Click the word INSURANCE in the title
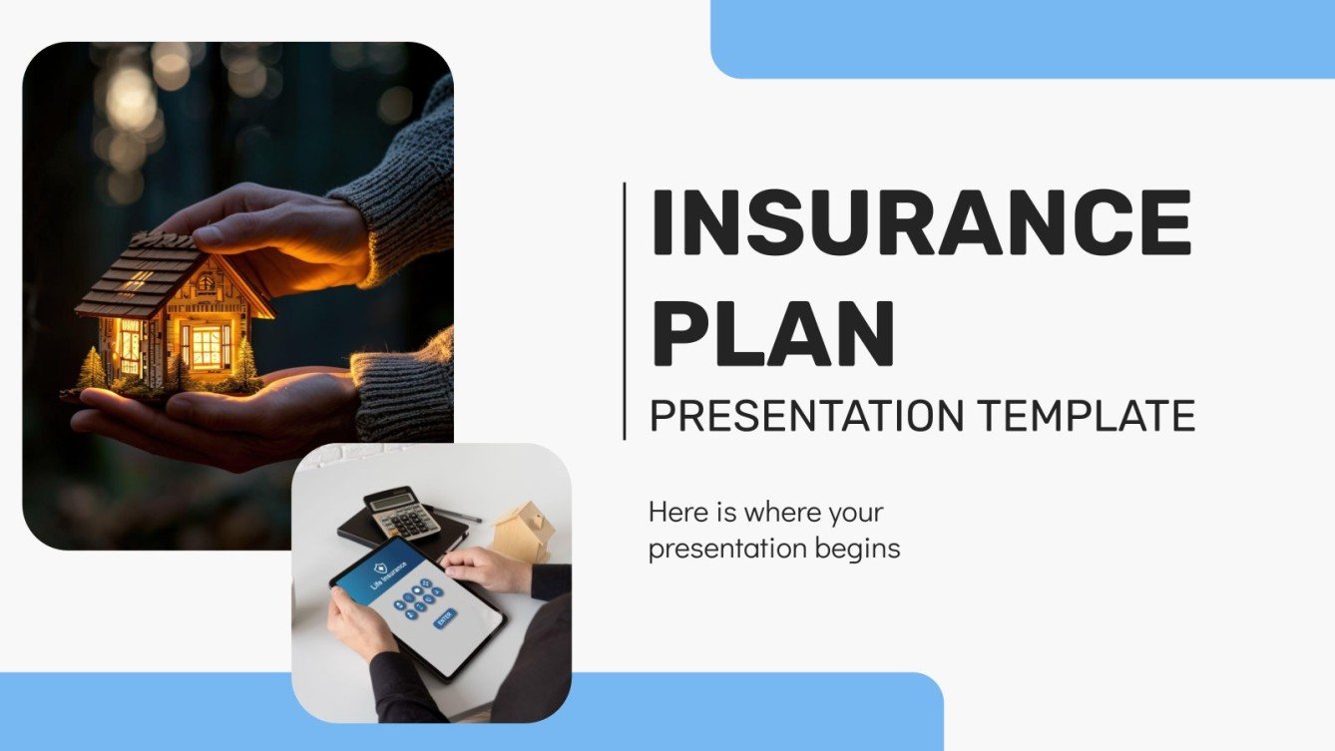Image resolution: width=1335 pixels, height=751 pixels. coord(920,222)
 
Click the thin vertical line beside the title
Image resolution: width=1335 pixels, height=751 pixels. coord(625,310)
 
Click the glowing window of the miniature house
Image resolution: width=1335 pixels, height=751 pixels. coord(208,346)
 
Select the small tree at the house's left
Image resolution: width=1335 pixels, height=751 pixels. coord(92,369)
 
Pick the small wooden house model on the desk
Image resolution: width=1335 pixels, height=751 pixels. coord(523,531)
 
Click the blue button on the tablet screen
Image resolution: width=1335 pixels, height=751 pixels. coord(445,618)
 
